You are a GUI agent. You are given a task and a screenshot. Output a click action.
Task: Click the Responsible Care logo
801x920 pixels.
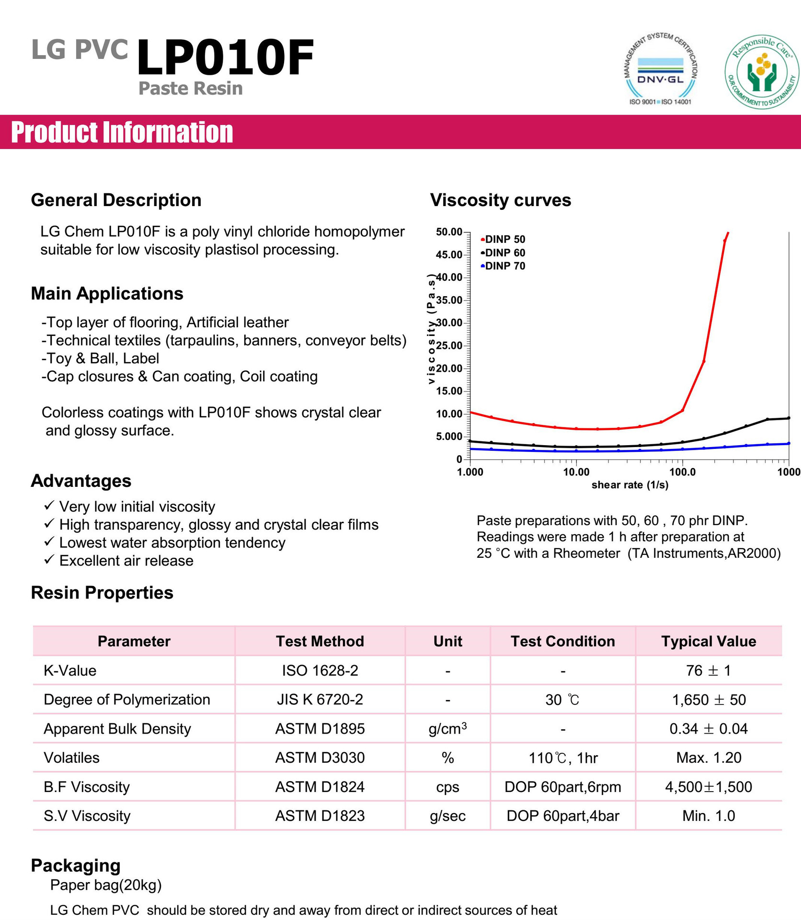click(762, 72)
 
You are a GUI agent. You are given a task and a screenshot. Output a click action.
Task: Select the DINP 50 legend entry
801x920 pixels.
click(504, 239)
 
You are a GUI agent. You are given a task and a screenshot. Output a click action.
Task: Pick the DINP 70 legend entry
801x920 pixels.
click(504, 266)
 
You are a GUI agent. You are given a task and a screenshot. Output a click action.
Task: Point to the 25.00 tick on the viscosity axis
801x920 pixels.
click(449, 345)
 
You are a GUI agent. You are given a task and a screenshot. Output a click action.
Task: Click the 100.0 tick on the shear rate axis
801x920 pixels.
click(682, 472)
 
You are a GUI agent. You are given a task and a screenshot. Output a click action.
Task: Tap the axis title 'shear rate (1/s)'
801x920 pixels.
click(629, 485)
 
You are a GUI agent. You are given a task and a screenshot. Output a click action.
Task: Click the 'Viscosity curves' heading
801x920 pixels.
click(500, 200)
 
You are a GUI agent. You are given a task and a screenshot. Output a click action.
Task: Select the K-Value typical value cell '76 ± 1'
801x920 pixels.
click(708, 670)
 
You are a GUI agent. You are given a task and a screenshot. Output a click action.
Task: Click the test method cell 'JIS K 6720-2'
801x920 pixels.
click(320, 700)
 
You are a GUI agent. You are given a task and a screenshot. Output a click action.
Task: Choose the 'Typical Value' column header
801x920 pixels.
click(708, 641)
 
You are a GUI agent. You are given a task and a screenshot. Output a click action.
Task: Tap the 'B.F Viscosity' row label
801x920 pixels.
click(87, 787)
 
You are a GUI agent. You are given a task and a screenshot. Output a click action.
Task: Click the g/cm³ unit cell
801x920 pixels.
click(447, 729)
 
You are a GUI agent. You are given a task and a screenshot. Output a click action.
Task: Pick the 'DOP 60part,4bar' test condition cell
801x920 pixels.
click(562, 816)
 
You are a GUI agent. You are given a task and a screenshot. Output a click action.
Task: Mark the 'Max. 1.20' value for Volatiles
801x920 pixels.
click(708, 758)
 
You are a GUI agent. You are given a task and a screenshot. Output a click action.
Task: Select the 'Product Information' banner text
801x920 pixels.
click(122, 132)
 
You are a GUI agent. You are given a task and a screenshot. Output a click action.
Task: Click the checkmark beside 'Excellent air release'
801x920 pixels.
click(49, 560)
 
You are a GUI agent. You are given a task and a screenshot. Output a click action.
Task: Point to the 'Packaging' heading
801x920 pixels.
click(76, 865)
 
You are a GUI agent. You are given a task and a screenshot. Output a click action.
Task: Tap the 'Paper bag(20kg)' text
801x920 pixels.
click(106, 885)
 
